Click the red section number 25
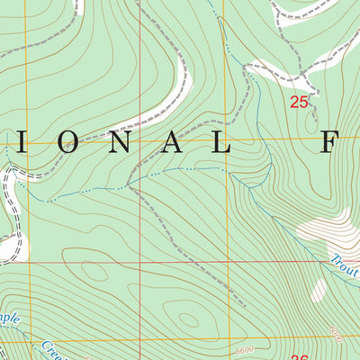[x=300, y=103]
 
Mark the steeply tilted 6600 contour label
[x=336, y=335]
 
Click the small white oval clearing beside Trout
[x=319, y=289]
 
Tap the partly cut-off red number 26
[x=300, y=356]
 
